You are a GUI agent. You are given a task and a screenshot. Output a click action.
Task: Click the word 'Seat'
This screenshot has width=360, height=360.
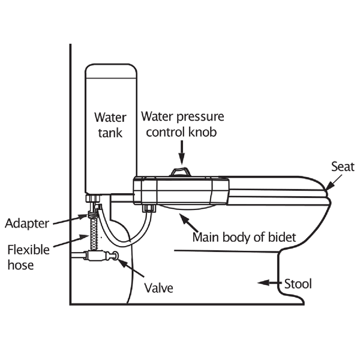coord(343,166)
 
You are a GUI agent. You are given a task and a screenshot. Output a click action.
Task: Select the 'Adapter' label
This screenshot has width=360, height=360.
coord(26,224)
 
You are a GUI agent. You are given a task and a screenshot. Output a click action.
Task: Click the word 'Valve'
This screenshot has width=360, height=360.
coord(158,288)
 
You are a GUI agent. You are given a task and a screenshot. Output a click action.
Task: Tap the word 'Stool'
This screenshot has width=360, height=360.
coord(298,283)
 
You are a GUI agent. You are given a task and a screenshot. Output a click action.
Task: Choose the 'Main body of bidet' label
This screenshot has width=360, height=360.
coord(244,237)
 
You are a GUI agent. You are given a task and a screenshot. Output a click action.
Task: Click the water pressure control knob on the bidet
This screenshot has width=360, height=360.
coord(181,172)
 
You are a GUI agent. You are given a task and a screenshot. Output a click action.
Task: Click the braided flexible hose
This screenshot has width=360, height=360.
coord(94,234)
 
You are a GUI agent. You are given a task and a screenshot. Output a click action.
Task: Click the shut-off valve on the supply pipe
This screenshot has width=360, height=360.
coord(97,256)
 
